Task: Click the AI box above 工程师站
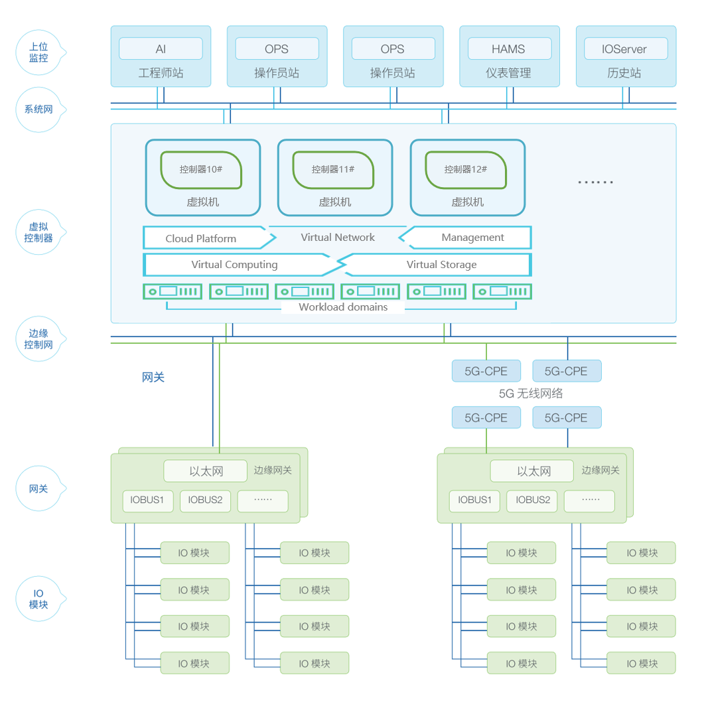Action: click(161, 49)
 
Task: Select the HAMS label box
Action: click(509, 49)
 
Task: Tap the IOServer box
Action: click(625, 49)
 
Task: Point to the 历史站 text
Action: click(625, 73)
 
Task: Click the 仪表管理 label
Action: click(509, 73)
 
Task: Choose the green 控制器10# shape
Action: click(201, 169)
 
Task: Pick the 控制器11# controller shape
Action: click(333, 169)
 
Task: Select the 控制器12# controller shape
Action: click(466, 169)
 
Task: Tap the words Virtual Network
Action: click(338, 238)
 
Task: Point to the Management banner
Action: click(472, 238)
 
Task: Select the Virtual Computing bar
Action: click(234, 265)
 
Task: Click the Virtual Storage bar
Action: click(441, 265)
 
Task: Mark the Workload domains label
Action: click(343, 307)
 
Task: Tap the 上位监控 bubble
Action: click(39, 52)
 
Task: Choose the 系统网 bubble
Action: click(39, 109)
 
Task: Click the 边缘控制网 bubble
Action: click(39, 339)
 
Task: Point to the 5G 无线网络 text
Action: click(531, 394)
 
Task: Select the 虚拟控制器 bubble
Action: click(39, 232)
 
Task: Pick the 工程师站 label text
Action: click(161, 73)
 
